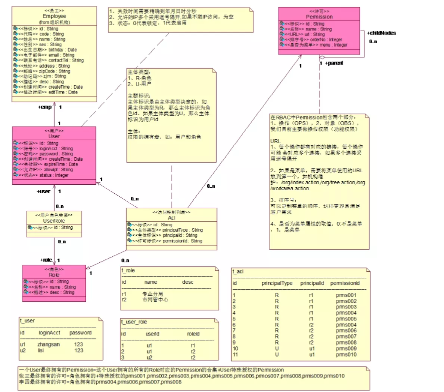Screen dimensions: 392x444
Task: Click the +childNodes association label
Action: tap(381, 33)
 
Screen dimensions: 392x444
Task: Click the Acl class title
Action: tap(171, 218)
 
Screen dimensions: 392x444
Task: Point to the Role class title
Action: tap(54, 275)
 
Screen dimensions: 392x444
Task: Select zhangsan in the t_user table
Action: tap(48, 344)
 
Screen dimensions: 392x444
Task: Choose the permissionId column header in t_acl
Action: tap(345, 283)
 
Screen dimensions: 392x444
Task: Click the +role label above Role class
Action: tap(46, 260)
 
